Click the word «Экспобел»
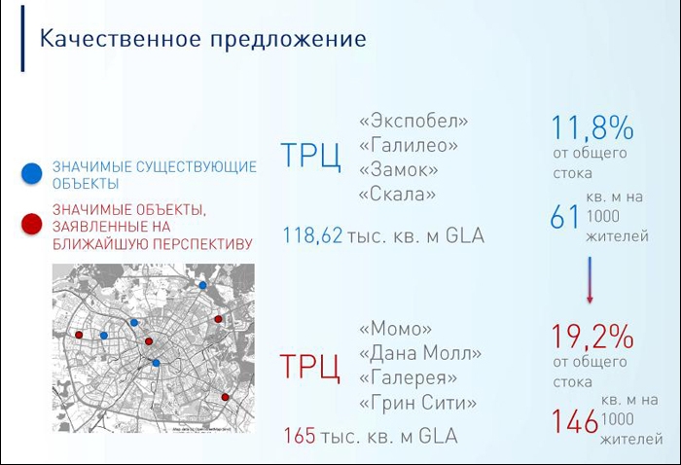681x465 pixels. click(x=413, y=122)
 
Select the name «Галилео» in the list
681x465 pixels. click(x=409, y=146)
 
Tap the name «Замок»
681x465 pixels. click(x=398, y=170)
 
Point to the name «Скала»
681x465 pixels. click(x=397, y=195)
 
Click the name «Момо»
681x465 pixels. click(x=395, y=329)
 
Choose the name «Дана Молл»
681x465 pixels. click(x=420, y=353)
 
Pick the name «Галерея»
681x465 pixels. click(x=408, y=378)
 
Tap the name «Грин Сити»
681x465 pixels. click(x=417, y=404)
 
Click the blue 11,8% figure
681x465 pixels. click(x=592, y=127)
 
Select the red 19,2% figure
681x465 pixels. click(x=592, y=336)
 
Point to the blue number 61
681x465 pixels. click(x=564, y=217)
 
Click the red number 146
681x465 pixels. click(x=575, y=421)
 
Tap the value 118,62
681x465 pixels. click(x=312, y=234)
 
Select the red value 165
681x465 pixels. click(x=300, y=436)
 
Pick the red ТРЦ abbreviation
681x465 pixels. click(x=309, y=367)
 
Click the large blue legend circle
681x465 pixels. click(x=32, y=173)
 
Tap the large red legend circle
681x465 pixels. click(x=32, y=224)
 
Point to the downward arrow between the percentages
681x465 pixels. click(x=590, y=279)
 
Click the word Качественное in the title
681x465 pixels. click(x=121, y=38)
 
